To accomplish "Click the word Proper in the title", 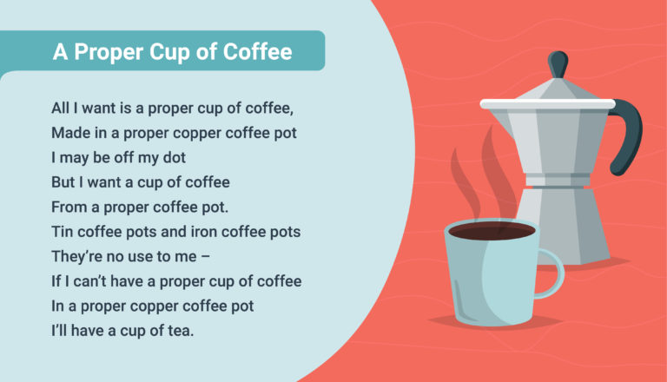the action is (109, 52).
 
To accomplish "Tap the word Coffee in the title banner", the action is (257, 51).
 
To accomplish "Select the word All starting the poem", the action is (61, 108).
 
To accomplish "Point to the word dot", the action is (175, 157).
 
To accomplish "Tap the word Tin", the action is (63, 232).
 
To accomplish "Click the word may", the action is (74, 158).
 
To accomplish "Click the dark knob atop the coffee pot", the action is (558, 64).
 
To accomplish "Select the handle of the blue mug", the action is (551, 274).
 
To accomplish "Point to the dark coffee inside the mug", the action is (492, 232).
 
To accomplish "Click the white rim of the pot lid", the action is (547, 104).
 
